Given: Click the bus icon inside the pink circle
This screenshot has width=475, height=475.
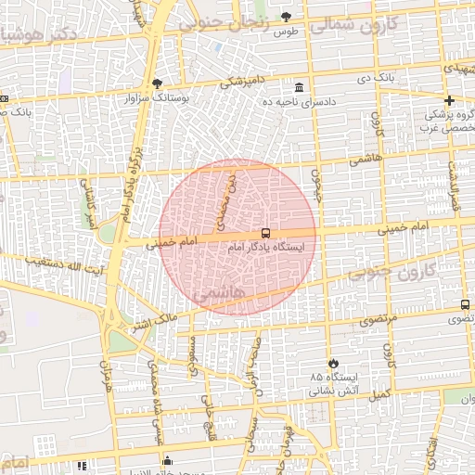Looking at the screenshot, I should (266, 232).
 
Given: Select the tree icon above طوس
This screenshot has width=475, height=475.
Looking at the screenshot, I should (286, 17).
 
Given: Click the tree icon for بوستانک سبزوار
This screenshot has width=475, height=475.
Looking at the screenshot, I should (157, 83).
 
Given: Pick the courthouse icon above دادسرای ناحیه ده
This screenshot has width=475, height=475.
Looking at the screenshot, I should (299, 87).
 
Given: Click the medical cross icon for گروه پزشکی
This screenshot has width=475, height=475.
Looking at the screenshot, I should (450, 100).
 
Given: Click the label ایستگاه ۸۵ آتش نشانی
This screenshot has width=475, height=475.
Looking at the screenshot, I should (340, 384).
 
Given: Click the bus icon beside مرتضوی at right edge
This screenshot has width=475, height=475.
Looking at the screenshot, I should (465, 304).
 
